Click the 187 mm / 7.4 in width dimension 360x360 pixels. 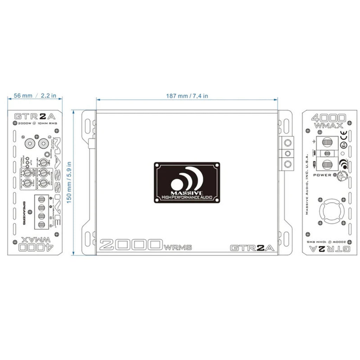[187, 96]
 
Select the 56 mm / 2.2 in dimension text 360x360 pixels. [34, 96]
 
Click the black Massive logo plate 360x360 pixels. [187, 182]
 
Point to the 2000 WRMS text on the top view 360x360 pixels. [146, 245]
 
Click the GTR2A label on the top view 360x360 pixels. [252, 247]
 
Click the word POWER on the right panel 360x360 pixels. [322, 175]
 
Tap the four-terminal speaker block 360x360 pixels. [41, 212]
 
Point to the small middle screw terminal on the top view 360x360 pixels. [288, 153]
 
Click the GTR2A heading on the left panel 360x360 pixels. [34, 116]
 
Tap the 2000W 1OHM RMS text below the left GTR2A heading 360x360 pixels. [34, 124]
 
